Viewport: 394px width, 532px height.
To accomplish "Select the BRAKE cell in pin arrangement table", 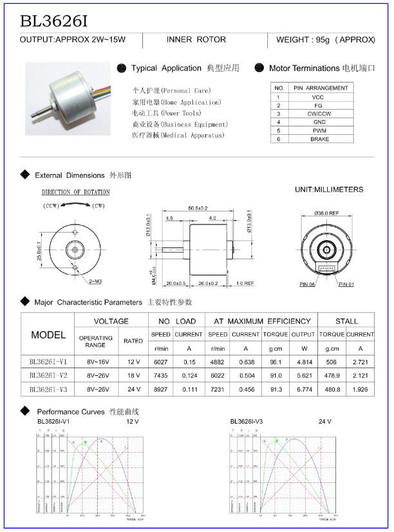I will coord(319,139).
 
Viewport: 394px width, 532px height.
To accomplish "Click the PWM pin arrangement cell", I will coord(319,130).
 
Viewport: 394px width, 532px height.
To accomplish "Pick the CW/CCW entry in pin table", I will coord(319,113).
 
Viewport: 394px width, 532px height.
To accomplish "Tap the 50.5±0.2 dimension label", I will coord(197,208).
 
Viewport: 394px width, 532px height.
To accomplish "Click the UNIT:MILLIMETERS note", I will coord(328,190).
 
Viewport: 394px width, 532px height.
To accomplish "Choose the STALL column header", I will coord(346,321).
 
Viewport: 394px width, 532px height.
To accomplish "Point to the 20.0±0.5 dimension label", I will coord(176,283).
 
